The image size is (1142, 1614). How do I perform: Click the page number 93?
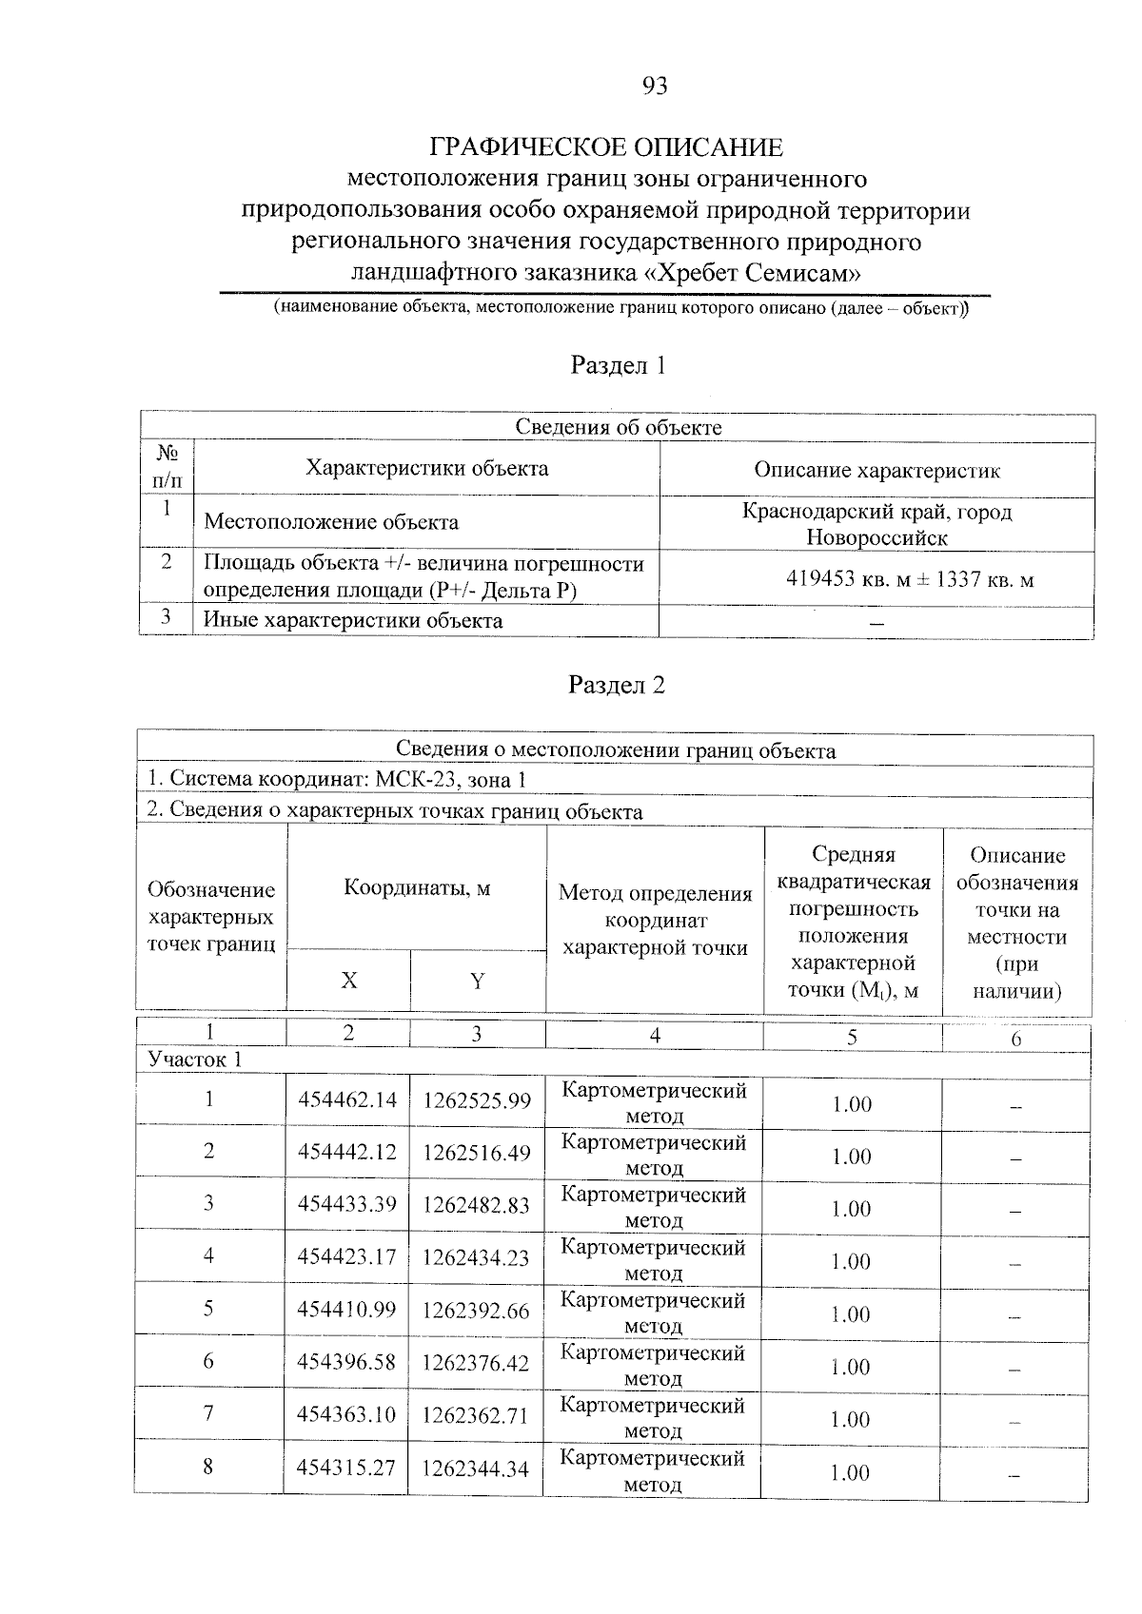[655, 87]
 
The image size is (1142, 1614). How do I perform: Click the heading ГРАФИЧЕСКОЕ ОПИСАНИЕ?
[606, 147]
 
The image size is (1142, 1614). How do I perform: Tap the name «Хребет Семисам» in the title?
[753, 273]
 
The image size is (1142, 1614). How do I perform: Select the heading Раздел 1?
[617, 365]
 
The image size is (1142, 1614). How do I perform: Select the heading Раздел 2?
[616, 685]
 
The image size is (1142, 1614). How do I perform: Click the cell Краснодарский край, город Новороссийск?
[876, 524]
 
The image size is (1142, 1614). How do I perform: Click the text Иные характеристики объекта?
[353, 621]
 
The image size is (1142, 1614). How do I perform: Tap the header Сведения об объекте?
[618, 427]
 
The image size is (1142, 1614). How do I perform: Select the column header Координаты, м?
[417, 888]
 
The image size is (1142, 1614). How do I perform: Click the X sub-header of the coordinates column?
[349, 981]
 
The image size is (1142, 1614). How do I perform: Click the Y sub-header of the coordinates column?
[478, 981]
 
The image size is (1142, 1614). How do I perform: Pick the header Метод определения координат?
[655, 920]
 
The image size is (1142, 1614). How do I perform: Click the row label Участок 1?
[195, 1060]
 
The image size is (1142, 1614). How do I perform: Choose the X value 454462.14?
[346, 1101]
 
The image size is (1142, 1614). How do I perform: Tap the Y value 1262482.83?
[476, 1206]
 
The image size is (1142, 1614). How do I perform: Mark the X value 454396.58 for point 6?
[346, 1363]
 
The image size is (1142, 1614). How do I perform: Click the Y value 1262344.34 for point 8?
[476, 1468]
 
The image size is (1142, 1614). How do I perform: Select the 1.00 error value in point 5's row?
[851, 1314]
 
